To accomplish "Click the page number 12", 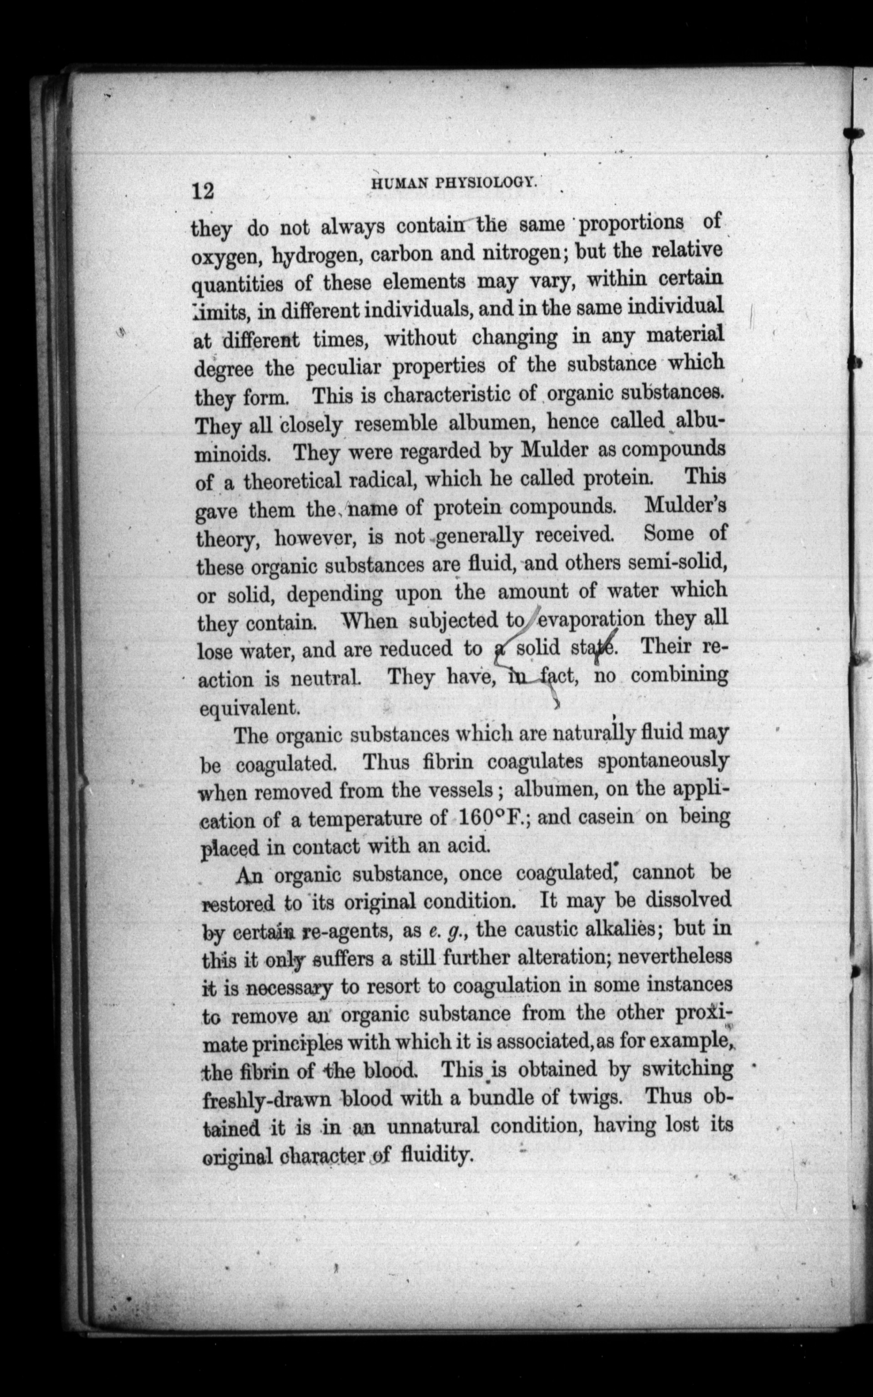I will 203,190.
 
